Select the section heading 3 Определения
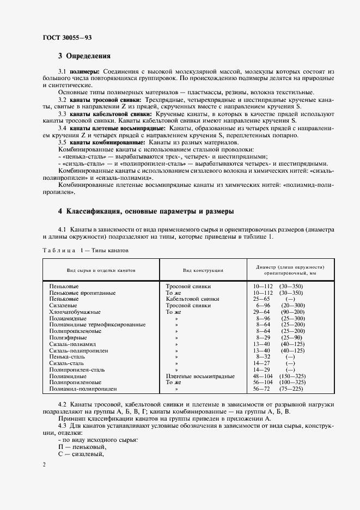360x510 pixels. click(x=84, y=56)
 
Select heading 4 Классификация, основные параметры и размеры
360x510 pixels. click(x=146, y=211)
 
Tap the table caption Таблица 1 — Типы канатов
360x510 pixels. click(x=85, y=250)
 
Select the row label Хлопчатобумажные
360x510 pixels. click(x=75, y=312)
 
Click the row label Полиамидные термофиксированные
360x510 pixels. click(x=97, y=325)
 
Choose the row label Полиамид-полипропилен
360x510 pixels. click(x=83, y=390)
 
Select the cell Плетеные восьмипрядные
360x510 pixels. click(x=200, y=377)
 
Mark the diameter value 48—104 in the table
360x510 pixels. click(x=264, y=377)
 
